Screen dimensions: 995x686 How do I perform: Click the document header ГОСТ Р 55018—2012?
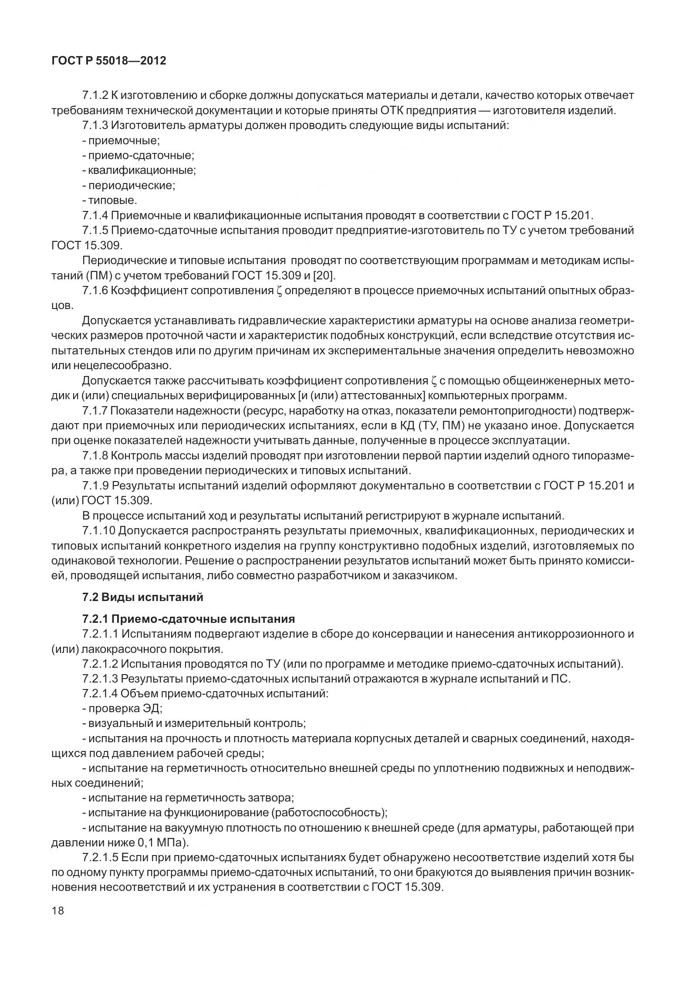[108, 61]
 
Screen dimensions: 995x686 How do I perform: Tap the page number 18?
[57, 910]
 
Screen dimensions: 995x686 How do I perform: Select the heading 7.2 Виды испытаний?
[142, 597]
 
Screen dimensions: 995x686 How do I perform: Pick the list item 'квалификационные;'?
[139, 170]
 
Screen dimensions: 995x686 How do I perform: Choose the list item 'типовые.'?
[110, 200]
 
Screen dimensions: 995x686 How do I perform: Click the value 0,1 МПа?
[162, 842]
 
